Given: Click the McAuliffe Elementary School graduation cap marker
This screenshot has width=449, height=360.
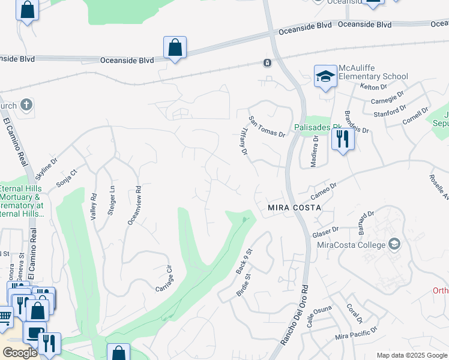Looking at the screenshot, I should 325,76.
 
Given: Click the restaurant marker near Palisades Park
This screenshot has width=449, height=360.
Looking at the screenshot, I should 343,139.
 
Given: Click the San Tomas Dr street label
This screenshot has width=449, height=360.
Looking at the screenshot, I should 267,127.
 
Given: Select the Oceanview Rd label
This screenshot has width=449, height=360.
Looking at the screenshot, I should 134,205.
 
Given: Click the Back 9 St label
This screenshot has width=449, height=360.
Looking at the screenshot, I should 243,262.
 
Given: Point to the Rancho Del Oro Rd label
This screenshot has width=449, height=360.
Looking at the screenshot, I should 295,315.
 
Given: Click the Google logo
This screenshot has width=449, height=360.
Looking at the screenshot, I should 19,353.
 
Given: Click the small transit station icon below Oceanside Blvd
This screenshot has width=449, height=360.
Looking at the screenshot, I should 267,62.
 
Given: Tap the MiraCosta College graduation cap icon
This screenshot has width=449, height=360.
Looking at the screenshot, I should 394,244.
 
